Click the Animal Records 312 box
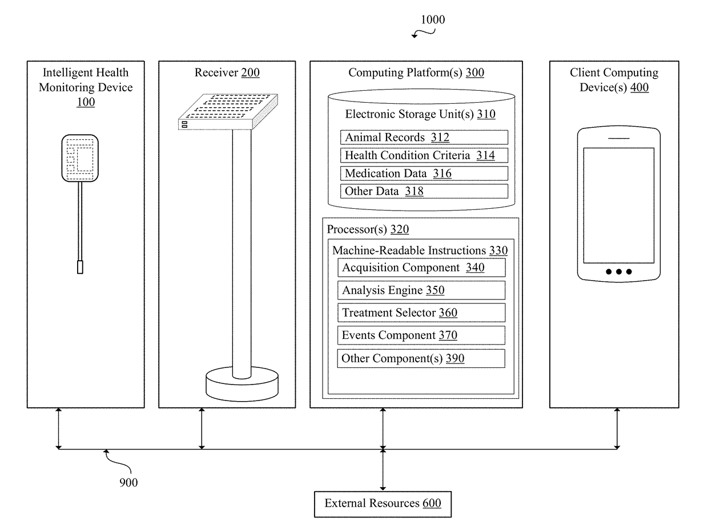click(424, 137)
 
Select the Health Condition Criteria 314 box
click(424, 155)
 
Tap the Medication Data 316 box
click(424, 173)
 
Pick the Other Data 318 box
click(424, 191)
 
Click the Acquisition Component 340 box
click(421, 268)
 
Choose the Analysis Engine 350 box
click(421, 290)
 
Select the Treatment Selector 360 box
click(421, 313)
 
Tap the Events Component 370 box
click(421, 335)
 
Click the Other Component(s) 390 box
click(421, 358)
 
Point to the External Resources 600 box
click(383, 504)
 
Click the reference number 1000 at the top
click(433, 20)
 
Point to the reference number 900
click(128, 482)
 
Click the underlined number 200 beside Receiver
click(250, 72)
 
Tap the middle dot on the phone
click(619, 272)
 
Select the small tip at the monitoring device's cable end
click(80, 267)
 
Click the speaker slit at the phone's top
click(618, 138)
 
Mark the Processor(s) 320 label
click(368, 229)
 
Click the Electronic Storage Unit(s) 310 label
click(420, 114)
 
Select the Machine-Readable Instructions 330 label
click(420, 250)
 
